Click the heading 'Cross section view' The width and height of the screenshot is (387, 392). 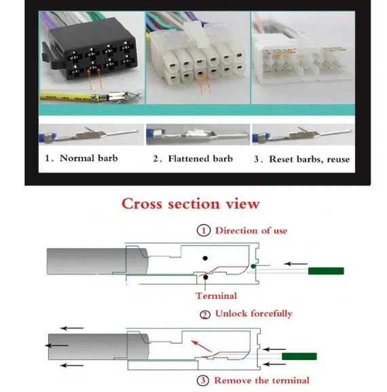191,204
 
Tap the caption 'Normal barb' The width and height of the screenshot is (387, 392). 89,158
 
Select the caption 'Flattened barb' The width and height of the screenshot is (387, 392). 200,159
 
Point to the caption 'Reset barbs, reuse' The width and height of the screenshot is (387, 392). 310,159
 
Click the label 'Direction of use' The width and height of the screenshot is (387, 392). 251,230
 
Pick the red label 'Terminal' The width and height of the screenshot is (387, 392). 217,296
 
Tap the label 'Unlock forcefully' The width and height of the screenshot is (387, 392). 253,314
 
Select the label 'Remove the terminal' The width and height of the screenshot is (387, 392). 262,380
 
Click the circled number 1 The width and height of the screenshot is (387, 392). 204,230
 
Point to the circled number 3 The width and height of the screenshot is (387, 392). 203,380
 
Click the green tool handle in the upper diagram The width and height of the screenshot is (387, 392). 326,271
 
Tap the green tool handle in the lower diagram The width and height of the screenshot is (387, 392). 299,357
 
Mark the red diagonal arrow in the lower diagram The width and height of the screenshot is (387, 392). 202,346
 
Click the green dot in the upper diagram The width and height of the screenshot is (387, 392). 253,266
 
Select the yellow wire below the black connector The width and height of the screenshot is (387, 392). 67,96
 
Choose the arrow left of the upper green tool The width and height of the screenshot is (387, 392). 296,264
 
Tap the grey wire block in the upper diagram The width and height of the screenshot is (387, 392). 98,262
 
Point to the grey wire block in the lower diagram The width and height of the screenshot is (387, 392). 98,346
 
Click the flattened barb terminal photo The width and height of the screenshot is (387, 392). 198,135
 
